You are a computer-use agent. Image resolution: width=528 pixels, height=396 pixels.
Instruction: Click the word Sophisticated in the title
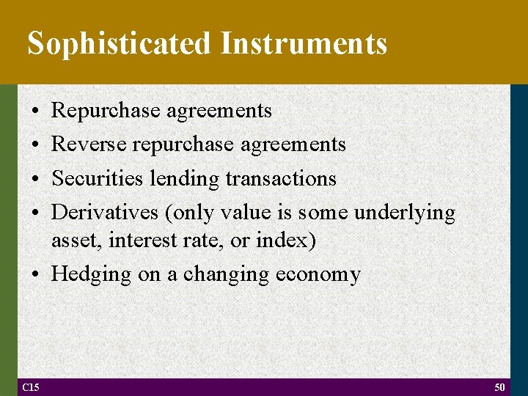(119, 44)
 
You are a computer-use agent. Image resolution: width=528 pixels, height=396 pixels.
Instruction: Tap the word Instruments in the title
(303, 44)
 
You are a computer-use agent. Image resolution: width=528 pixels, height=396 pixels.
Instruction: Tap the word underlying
(404, 213)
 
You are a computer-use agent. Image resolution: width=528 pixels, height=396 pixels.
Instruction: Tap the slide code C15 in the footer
(31, 387)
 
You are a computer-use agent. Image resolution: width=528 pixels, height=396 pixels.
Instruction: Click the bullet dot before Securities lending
(35, 179)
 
